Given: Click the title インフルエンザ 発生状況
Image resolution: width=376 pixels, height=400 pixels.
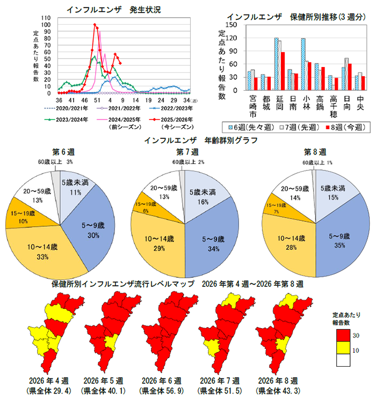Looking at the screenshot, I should [x=113, y=9].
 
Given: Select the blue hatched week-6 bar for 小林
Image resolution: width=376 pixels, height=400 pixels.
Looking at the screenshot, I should [x=303, y=64].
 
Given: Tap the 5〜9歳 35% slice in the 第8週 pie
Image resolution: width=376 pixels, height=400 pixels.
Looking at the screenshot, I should [x=338, y=236].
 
